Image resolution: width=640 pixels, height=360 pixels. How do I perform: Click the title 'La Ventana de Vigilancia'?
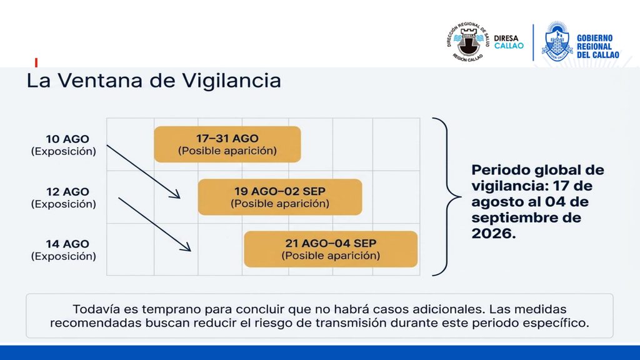click(154, 80)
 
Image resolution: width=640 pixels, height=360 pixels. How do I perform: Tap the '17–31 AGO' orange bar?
click(227, 144)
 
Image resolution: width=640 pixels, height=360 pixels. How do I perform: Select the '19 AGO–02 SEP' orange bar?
click(280, 197)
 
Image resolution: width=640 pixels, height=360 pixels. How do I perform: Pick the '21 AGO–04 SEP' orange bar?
click(331, 249)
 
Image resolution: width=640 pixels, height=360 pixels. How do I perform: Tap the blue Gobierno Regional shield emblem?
click(557, 41)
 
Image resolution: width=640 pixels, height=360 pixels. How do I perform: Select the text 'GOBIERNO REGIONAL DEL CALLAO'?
click(597, 46)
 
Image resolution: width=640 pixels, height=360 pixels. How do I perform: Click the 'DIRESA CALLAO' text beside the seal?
click(509, 42)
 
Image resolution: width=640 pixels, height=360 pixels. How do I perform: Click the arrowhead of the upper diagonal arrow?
click(176, 194)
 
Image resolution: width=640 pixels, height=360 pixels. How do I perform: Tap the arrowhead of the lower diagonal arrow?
click(186, 246)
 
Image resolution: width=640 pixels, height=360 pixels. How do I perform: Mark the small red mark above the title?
click(36, 62)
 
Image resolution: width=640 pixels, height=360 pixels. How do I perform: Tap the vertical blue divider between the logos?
click(533, 42)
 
